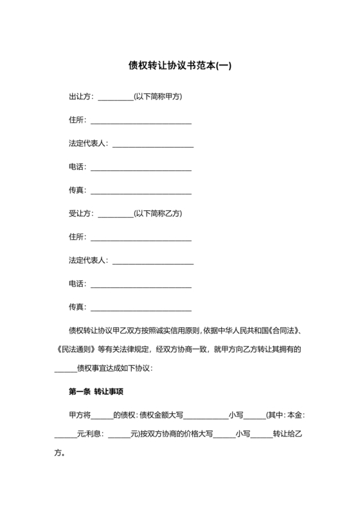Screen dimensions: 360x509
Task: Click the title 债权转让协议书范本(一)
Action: [x=179, y=66]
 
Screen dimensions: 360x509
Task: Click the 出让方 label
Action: [x=80, y=97]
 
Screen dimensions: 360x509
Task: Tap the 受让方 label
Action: [x=80, y=213]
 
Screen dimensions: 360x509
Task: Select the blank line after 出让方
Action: [x=115, y=99]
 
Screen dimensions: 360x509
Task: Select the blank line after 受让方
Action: [x=115, y=215]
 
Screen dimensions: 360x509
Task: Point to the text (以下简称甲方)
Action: [x=158, y=97]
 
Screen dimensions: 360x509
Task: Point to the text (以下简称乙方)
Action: [x=158, y=213]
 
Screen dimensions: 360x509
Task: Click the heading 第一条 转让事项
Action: [x=100, y=391]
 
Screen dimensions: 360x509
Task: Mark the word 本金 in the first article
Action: [x=294, y=415]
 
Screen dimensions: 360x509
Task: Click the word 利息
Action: [x=93, y=434]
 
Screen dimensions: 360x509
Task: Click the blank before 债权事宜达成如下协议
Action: [x=65, y=371]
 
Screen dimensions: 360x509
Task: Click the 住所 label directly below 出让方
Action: [x=76, y=120]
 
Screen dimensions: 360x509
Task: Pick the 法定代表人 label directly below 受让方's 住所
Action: [x=88, y=261]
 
